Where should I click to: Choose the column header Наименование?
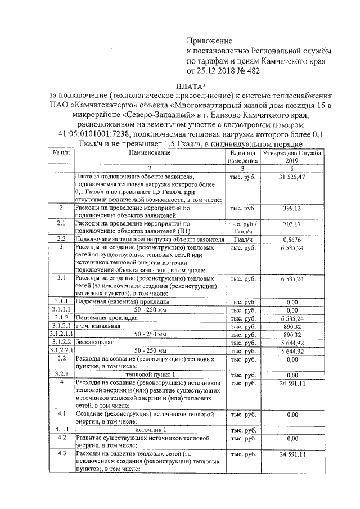click(149, 152)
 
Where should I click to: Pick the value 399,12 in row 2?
click(291, 208)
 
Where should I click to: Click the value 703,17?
click(291, 223)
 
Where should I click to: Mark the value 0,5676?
click(291, 239)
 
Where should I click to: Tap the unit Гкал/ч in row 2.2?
click(242, 239)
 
